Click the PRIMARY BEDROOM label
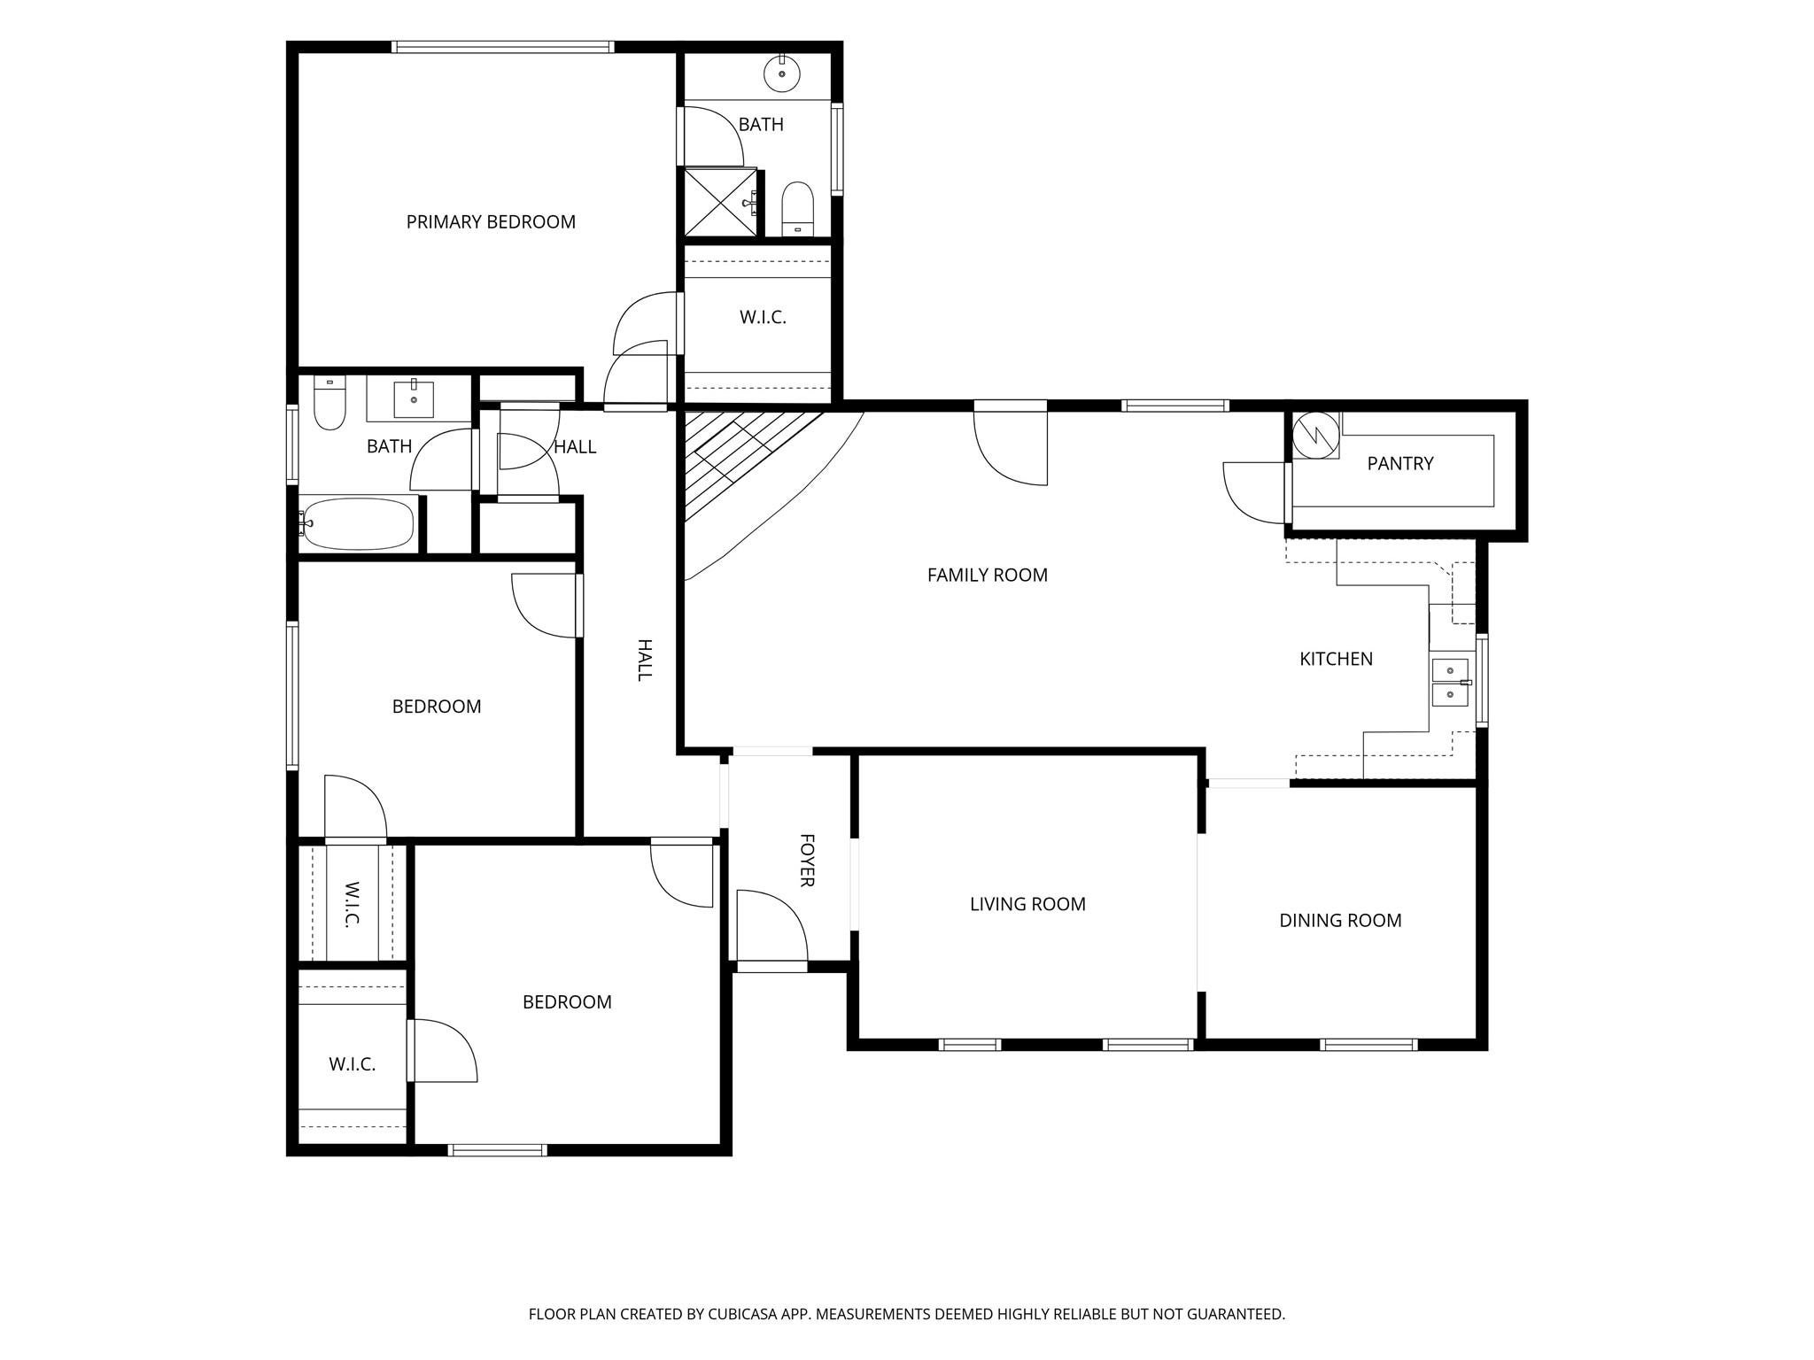tap(491, 222)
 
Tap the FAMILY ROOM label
tap(988, 576)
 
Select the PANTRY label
tap(1400, 464)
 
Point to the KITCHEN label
tap(1336, 659)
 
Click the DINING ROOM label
tap(1340, 921)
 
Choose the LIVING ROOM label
tap(1027, 904)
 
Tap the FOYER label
tap(807, 860)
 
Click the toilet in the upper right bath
tap(798, 209)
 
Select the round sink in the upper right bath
tap(782, 72)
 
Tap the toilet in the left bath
tap(330, 403)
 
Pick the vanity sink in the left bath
tap(414, 399)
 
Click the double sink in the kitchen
tap(1450, 683)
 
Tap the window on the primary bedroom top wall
tap(503, 47)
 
